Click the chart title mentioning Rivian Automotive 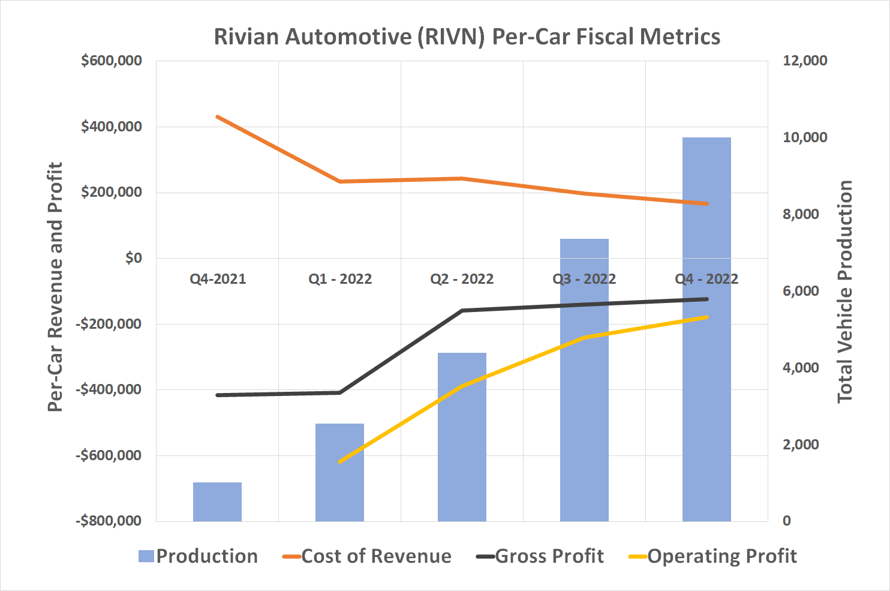click(x=467, y=37)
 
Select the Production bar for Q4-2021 click(x=217, y=502)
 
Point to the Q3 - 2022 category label click(x=584, y=279)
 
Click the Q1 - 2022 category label click(x=340, y=279)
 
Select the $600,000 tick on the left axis click(x=112, y=61)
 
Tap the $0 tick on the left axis click(x=133, y=258)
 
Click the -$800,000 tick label click(x=109, y=521)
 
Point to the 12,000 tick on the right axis click(x=805, y=61)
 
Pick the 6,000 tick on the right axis click(x=801, y=291)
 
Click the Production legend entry click(x=198, y=556)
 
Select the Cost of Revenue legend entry click(x=367, y=556)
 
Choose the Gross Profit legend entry click(x=540, y=556)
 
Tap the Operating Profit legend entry click(x=712, y=556)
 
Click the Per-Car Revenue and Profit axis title click(x=55, y=287)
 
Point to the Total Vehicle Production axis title click(x=845, y=291)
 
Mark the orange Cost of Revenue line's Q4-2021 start click(x=217, y=116)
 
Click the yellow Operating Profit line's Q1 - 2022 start click(x=339, y=462)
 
